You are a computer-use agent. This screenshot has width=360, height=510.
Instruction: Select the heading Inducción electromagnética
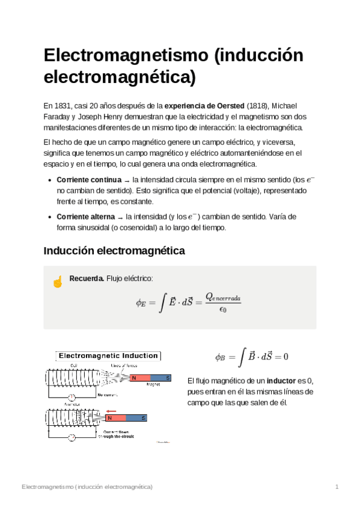[114, 250]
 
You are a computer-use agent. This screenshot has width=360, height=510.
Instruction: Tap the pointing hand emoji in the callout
[58, 281]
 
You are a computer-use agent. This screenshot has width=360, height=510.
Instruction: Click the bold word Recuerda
[87, 278]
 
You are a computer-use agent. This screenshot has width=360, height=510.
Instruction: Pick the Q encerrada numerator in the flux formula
[223, 297]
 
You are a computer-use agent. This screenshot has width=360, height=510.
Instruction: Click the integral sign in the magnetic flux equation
[241, 355]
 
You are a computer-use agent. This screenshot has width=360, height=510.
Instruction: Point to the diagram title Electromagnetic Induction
[108, 356]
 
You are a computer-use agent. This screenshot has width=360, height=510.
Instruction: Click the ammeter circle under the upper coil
[72, 398]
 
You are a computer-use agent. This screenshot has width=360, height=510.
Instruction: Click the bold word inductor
[281, 381]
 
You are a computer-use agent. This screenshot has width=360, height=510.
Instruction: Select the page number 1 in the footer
[338, 486]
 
